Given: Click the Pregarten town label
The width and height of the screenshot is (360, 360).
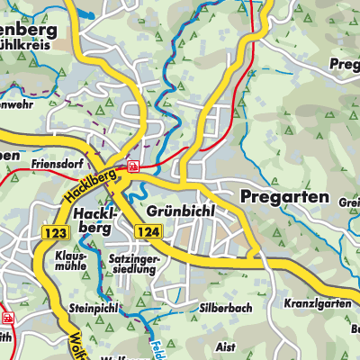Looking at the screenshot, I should pos(284,197).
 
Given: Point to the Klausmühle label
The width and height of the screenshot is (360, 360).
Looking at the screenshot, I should pos(73,261).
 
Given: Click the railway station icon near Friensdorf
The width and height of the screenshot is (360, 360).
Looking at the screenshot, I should pos(133,166).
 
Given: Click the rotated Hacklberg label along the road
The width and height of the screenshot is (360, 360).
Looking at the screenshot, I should pos(88,184).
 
